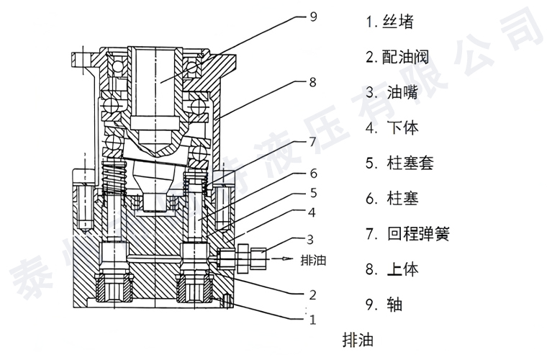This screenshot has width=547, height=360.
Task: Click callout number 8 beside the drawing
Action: coord(312,83)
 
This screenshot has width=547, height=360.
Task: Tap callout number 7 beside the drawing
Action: coord(312,142)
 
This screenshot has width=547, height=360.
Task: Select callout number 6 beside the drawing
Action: coord(312,174)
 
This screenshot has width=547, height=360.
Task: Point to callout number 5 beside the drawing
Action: coord(312,192)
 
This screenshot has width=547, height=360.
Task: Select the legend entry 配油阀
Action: coord(395,58)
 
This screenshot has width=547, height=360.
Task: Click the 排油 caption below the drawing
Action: coord(358,338)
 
